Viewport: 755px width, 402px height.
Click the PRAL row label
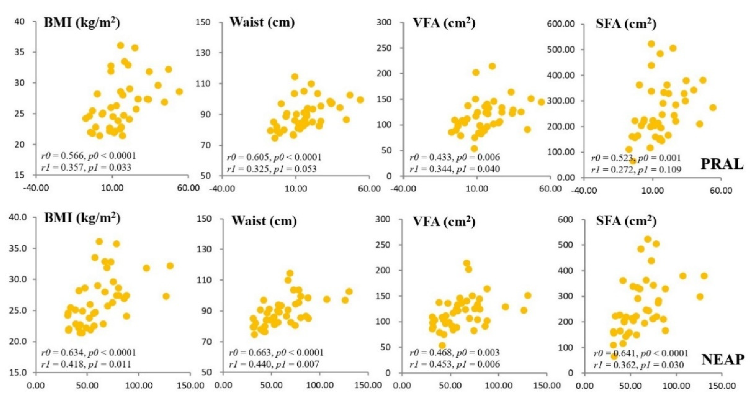pyautogui.click(x=722, y=164)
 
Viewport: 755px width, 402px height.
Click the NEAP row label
pyautogui.click(x=722, y=359)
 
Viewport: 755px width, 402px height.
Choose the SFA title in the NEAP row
pyautogui.click(x=626, y=221)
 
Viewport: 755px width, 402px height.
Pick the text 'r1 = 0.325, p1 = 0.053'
pyautogui.click(x=272, y=169)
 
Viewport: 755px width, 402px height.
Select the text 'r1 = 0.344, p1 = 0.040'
pyautogui.click(x=454, y=169)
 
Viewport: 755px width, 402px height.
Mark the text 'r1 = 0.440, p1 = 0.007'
pyautogui.click(x=274, y=364)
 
